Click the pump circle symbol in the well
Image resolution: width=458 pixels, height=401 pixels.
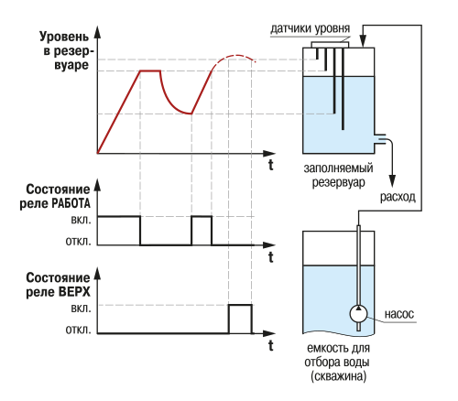[358, 313]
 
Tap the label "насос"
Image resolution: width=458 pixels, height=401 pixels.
[399, 314]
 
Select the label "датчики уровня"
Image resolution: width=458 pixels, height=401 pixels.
[311, 28]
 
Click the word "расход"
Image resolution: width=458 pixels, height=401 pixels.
[398, 197]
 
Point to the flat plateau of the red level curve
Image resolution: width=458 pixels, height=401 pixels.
[150, 70]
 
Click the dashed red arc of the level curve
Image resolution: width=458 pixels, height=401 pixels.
[235, 56]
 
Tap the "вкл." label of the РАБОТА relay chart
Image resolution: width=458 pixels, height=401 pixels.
[81, 220]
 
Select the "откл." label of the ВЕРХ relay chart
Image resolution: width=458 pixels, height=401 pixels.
[79, 330]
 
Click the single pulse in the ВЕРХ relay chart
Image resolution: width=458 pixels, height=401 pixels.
[240, 305]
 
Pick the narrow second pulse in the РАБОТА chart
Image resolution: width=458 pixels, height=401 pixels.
[202, 216]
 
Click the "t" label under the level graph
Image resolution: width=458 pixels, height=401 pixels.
[271, 165]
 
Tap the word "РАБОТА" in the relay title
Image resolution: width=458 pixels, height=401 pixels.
[71, 203]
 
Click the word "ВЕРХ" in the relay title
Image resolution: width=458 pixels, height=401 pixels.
[73, 292]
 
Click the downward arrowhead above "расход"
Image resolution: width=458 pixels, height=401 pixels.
[392, 180]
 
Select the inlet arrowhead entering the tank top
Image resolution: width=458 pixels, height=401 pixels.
[363, 41]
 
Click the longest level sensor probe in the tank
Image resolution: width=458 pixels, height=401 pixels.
[343, 89]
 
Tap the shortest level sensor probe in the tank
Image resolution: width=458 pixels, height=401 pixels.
[317, 53]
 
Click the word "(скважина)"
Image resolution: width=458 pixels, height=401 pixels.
[339, 376]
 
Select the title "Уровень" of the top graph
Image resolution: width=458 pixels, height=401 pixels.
[64, 37]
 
